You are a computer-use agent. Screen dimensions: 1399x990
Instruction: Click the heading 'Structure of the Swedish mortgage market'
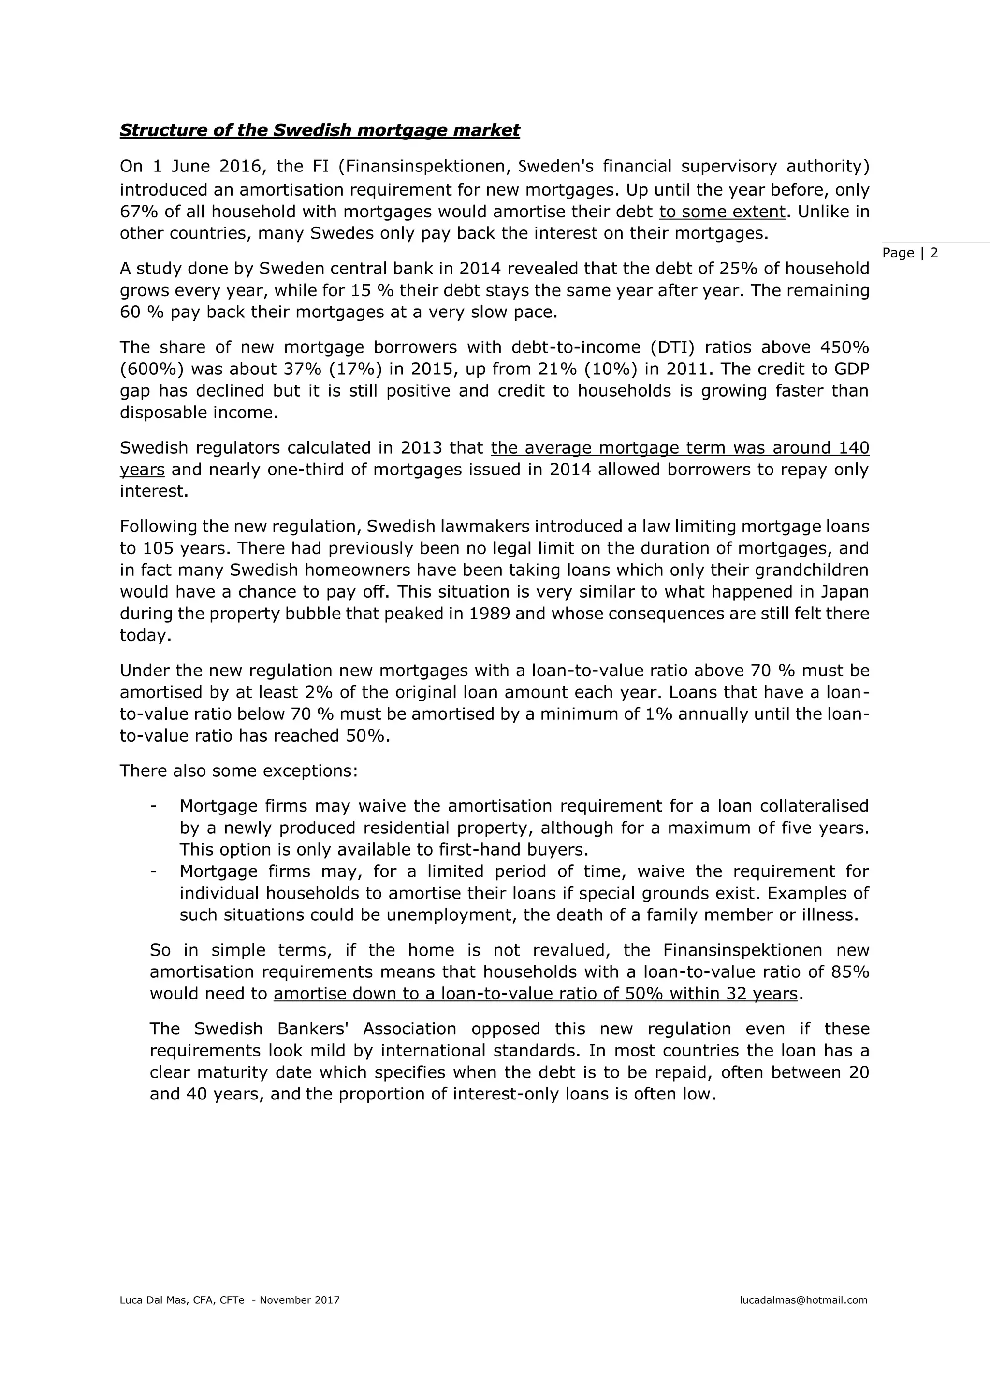(320, 130)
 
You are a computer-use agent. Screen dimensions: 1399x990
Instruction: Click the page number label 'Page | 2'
(910, 253)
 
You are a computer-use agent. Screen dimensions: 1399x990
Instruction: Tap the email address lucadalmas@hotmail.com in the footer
(803, 1299)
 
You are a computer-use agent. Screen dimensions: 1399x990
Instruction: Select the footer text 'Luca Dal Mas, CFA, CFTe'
(182, 1299)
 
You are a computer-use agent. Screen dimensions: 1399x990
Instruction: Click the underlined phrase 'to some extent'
(722, 212)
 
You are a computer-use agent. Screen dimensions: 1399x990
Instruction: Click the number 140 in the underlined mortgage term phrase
(854, 447)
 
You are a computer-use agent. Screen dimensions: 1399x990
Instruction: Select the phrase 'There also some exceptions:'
(238, 771)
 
